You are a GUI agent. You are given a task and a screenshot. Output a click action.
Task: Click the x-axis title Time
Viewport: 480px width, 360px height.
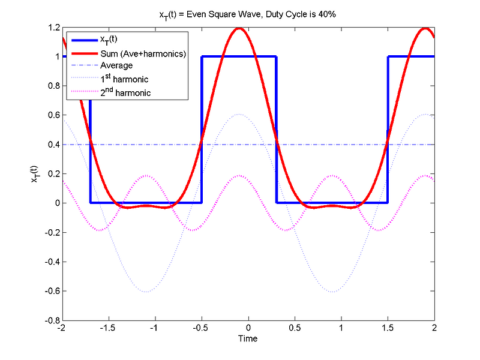[x=247, y=339]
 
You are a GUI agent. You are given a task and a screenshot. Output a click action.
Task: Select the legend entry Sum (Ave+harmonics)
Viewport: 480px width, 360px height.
[x=142, y=54]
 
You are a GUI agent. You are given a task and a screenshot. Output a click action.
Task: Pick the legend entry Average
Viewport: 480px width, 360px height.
[x=116, y=65]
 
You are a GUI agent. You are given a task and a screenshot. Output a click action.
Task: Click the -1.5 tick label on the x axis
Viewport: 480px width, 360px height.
[x=107, y=329]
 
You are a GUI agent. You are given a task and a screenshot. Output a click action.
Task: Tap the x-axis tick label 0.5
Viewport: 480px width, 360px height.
[x=295, y=329]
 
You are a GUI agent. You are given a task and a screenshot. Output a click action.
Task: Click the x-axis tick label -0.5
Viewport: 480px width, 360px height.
[x=201, y=329]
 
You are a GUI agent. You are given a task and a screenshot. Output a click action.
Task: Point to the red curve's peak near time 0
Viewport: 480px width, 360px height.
[x=239, y=28]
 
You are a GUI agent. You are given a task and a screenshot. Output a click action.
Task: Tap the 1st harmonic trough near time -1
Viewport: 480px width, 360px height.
[x=145, y=292]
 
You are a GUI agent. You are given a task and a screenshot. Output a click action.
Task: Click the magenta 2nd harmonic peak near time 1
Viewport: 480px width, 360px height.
[x=332, y=175]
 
